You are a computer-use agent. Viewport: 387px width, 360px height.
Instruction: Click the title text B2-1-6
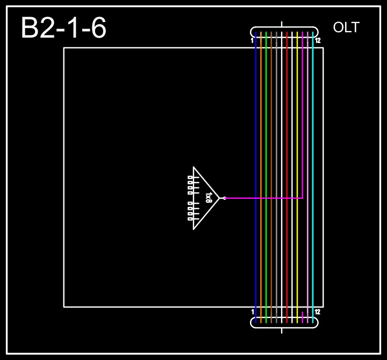click(x=63, y=28)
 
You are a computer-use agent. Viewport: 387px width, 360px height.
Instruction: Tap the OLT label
click(x=346, y=28)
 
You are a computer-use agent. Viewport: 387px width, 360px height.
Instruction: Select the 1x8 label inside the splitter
click(x=209, y=198)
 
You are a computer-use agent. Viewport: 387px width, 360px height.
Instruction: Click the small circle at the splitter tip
click(x=224, y=198)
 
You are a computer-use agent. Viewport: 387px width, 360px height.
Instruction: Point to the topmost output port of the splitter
click(x=190, y=177)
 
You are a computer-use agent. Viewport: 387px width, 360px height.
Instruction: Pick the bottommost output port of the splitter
click(x=190, y=219)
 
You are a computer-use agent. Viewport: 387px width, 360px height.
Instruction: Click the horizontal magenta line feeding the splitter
click(x=263, y=198)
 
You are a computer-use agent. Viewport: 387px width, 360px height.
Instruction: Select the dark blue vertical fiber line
click(x=256, y=134)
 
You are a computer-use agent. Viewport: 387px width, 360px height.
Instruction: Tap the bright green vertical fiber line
click(x=266, y=134)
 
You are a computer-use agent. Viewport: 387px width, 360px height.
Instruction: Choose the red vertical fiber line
click(x=287, y=134)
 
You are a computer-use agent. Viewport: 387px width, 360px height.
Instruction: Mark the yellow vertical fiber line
click(x=297, y=134)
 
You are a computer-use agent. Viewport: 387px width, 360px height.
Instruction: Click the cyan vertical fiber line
click(x=313, y=134)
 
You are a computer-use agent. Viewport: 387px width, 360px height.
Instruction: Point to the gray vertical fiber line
click(x=271, y=134)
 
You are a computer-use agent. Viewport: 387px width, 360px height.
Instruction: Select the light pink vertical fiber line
click(x=307, y=134)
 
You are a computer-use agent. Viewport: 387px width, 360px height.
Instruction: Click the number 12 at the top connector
click(x=318, y=41)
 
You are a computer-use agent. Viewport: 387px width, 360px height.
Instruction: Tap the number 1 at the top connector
click(x=252, y=41)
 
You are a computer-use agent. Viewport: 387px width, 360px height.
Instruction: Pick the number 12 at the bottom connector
click(x=318, y=312)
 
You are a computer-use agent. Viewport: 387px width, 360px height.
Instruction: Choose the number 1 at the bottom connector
click(x=253, y=312)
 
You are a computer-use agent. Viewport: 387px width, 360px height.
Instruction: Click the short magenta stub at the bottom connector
click(x=303, y=317)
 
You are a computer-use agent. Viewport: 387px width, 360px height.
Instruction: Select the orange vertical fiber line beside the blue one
click(x=261, y=134)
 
